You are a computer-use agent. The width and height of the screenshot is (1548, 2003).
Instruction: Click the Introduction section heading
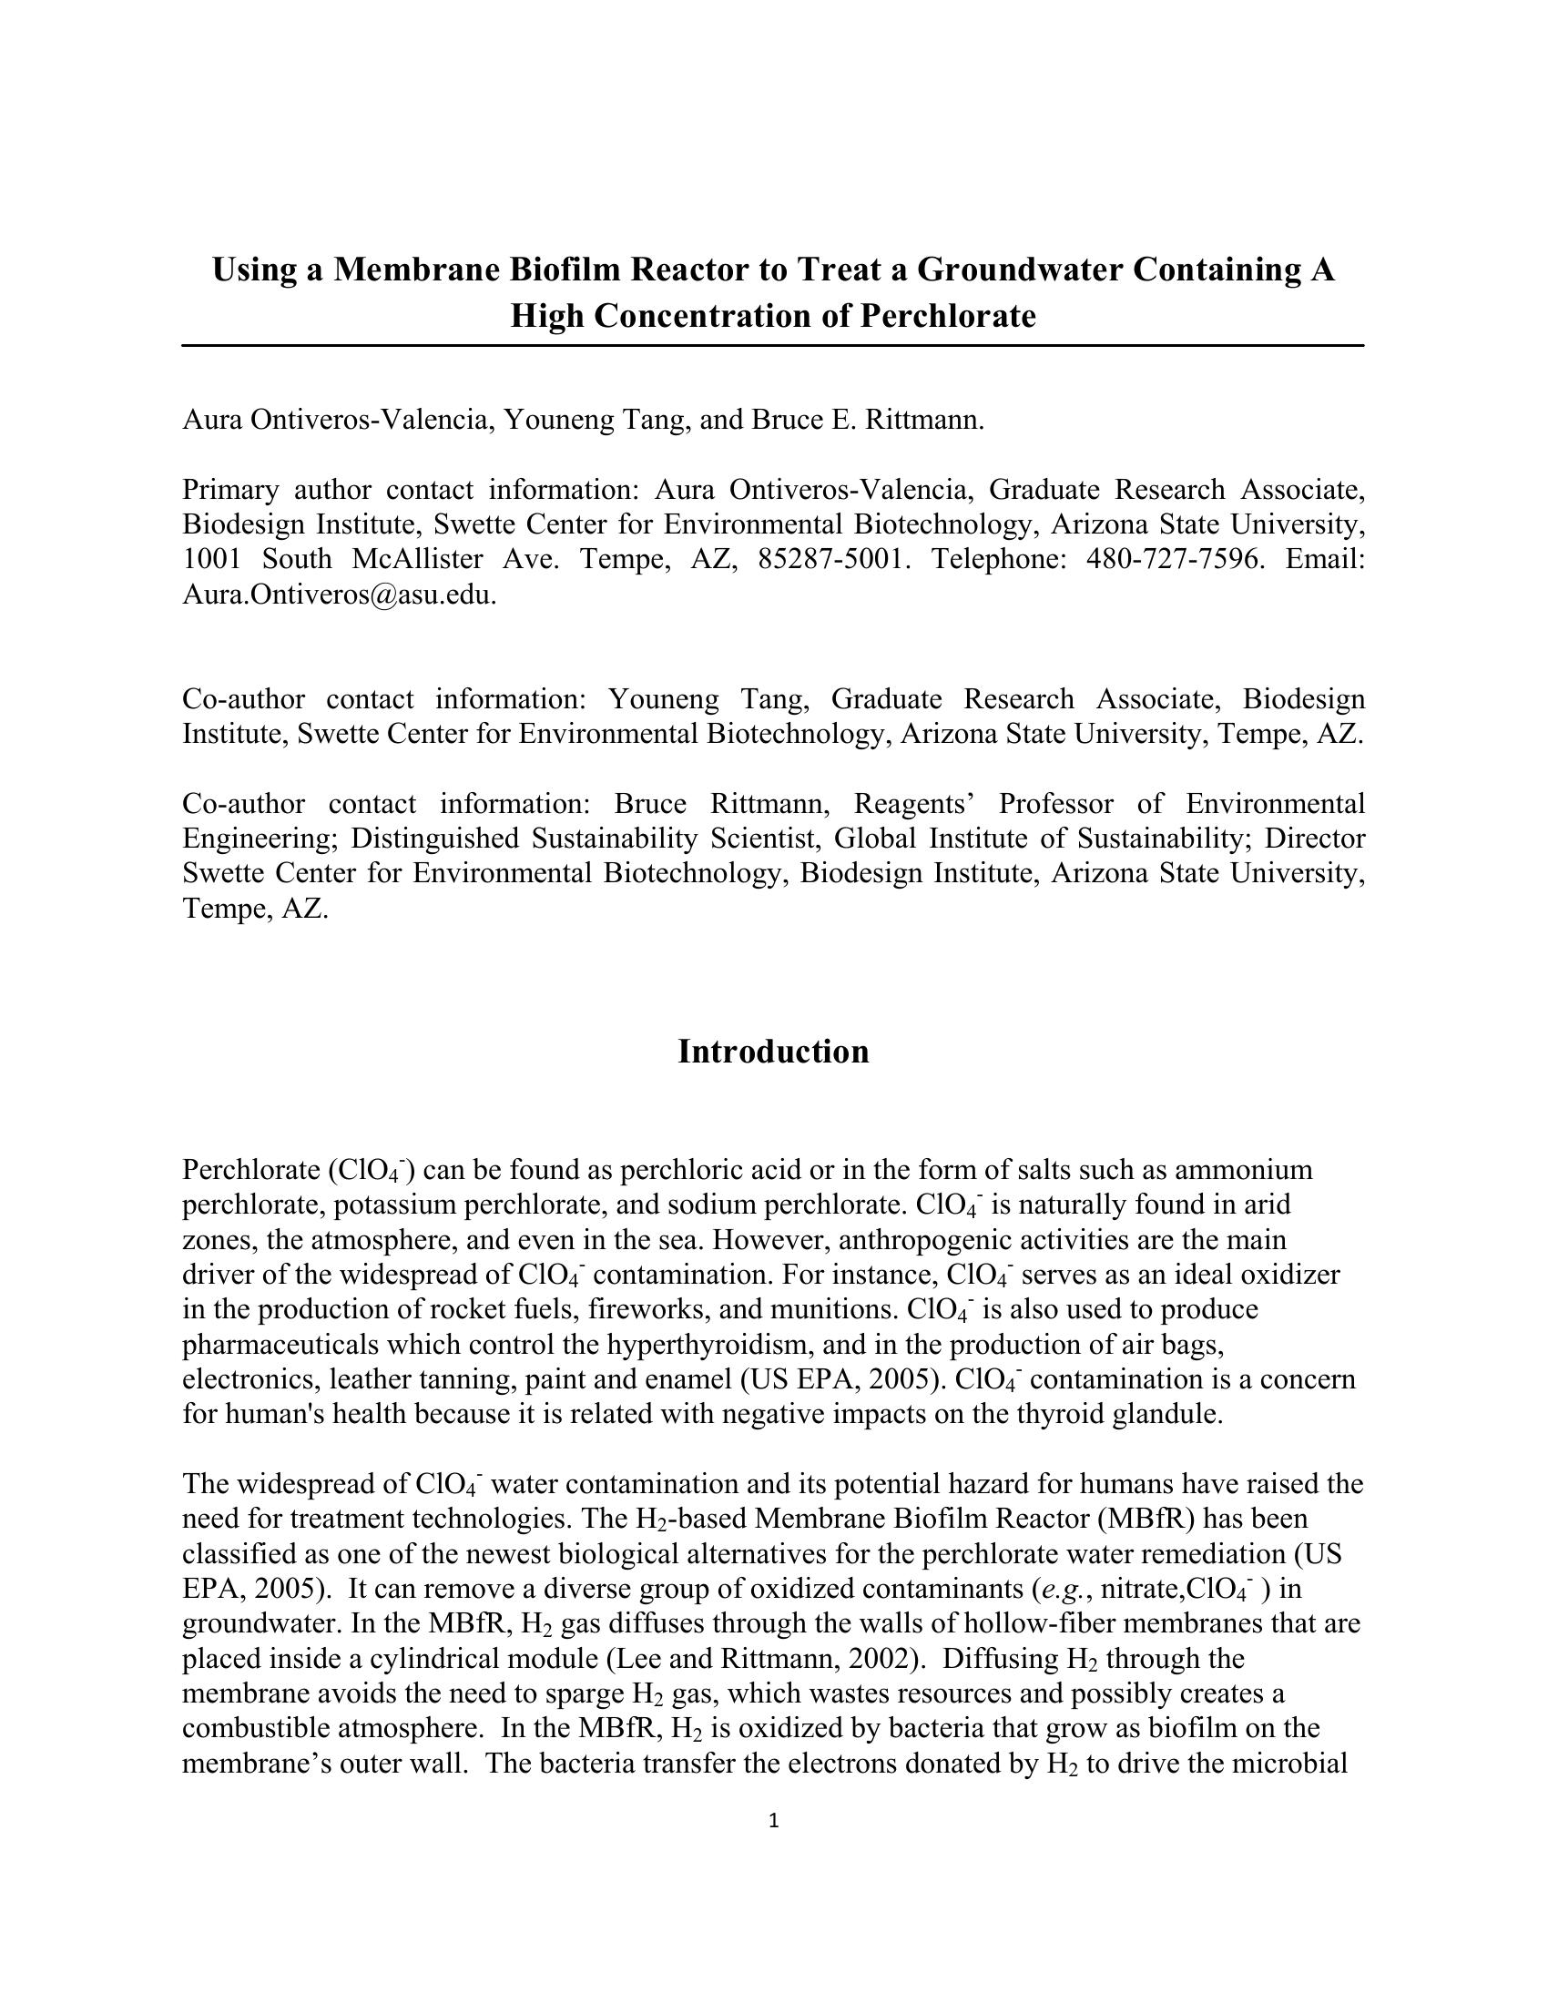773,1052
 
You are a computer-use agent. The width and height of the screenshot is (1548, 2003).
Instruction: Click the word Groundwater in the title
1019,269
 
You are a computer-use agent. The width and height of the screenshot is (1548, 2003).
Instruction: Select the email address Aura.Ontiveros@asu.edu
339,595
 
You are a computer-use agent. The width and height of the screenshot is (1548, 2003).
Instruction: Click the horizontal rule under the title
773,346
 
